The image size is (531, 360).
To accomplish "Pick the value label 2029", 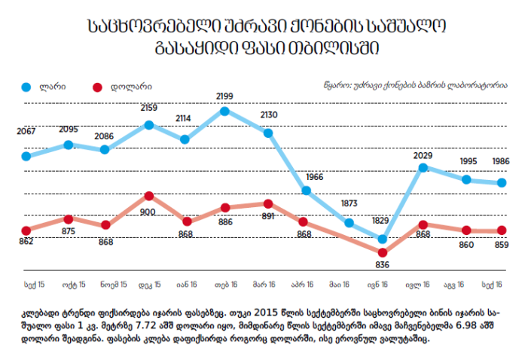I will tap(423, 155).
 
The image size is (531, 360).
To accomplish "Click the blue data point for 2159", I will tap(148, 124).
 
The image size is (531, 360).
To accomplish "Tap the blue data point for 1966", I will tap(306, 191).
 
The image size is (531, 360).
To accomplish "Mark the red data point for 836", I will tap(383, 252).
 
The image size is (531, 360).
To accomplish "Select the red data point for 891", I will tap(268, 203).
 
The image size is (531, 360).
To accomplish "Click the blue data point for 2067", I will tap(26, 157).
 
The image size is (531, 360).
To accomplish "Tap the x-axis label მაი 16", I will tap(339, 285).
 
